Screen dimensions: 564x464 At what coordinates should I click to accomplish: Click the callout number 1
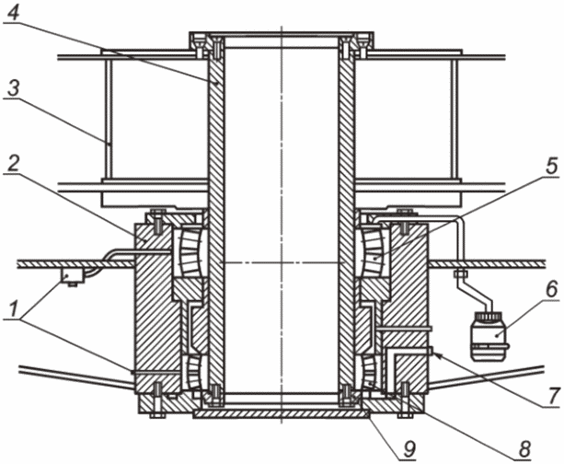(13, 309)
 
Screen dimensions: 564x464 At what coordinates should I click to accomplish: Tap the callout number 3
(13, 87)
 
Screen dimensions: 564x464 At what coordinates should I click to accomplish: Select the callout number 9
(409, 449)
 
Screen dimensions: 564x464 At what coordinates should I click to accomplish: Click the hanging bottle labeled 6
(489, 336)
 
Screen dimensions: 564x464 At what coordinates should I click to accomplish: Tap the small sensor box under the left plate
(73, 277)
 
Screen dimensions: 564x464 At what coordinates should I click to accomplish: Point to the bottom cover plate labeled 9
(282, 414)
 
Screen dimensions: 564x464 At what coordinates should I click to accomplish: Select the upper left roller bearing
(192, 252)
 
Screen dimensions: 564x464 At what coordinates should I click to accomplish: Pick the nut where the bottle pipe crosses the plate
(460, 274)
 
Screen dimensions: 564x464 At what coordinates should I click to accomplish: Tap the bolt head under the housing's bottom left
(156, 416)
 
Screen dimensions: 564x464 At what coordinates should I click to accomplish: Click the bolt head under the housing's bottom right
(405, 416)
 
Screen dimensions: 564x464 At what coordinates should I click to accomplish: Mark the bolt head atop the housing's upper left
(157, 211)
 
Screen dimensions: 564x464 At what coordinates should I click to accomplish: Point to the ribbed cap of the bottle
(488, 317)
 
